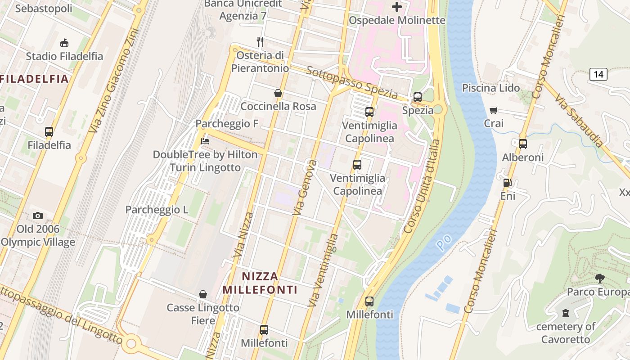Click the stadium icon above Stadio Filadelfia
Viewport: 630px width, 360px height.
click(x=64, y=43)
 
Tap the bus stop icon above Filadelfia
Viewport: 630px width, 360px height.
click(x=49, y=132)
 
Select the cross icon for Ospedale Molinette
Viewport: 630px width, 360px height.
click(x=397, y=7)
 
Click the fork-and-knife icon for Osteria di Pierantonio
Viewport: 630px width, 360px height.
click(x=260, y=42)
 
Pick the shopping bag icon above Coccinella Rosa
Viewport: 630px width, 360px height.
click(x=278, y=93)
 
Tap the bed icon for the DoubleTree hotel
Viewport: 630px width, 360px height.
click(x=205, y=141)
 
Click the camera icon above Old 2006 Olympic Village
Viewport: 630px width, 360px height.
click(x=38, y=216)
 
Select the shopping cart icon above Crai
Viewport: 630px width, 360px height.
click(x=494, y=110)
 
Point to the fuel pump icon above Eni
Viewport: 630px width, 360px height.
click(x=507, y=183)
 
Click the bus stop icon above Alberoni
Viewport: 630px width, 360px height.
click(x=522, y=144)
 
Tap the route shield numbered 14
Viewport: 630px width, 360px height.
click(x=598, y=74)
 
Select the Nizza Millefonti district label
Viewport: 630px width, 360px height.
click(x=260, y=283)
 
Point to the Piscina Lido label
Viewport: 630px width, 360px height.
click(x=491, y=88)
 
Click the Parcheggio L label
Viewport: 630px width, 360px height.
click(x=157, y=210)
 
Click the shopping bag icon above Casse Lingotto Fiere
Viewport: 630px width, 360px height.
click(x=203, y=294)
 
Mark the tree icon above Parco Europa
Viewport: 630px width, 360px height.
click(x=599, y=278)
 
